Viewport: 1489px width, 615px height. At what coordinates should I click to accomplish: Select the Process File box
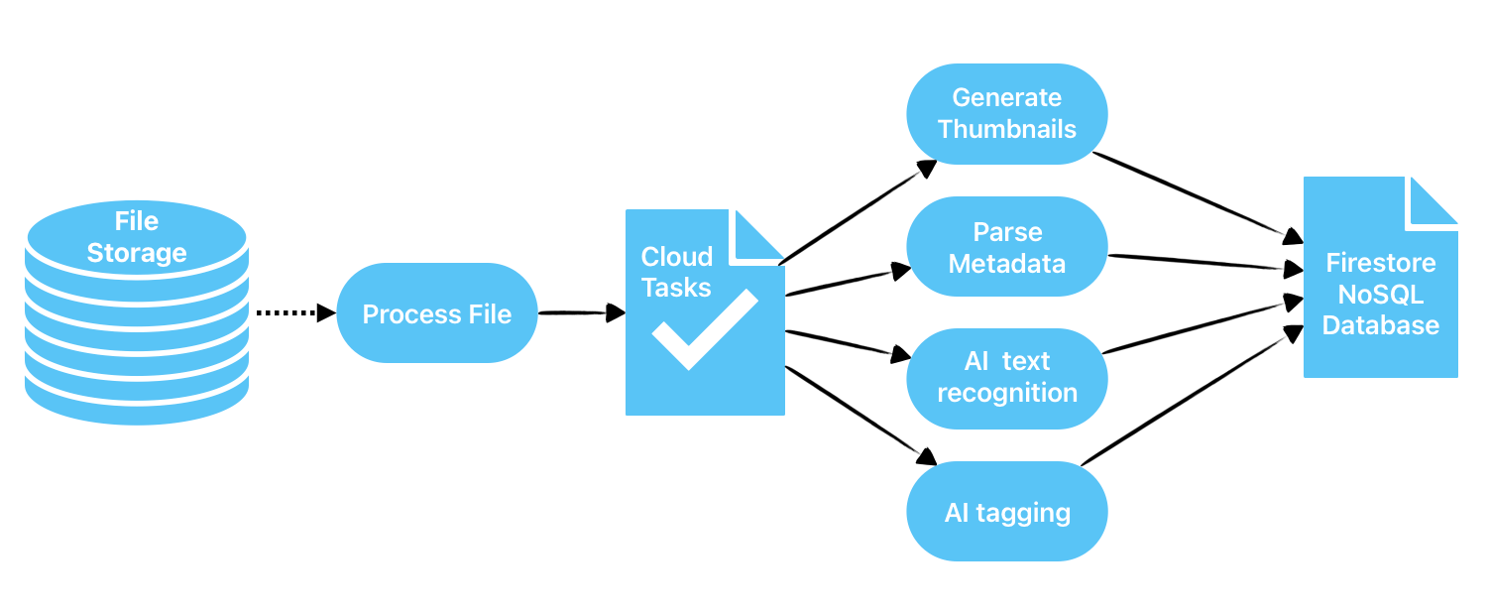tap(437, 313)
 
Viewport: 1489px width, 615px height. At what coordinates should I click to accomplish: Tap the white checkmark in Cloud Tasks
tap(704, 328)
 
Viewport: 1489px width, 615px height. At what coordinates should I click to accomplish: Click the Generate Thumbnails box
tap(1006, 113)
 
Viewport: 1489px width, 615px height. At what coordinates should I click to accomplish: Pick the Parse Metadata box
tap(1006, 247)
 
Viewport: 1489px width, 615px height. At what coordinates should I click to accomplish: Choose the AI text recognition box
tap(1006, 378)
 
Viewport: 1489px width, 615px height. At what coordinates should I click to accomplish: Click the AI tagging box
tap(1006, 512)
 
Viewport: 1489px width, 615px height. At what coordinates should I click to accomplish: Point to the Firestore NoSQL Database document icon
tap(1380, 288)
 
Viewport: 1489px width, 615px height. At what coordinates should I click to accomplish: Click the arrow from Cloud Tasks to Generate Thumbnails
tap(858, 212)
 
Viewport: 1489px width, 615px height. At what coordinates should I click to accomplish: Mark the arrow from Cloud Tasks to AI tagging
tap(859, 416)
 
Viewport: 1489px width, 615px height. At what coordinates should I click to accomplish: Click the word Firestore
tap(1380, 264)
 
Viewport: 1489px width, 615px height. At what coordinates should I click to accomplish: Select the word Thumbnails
tap(1006, 129)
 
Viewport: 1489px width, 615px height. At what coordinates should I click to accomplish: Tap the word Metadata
tap(1006, 263)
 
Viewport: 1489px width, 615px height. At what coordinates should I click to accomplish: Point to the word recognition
tap(1006, 393)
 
